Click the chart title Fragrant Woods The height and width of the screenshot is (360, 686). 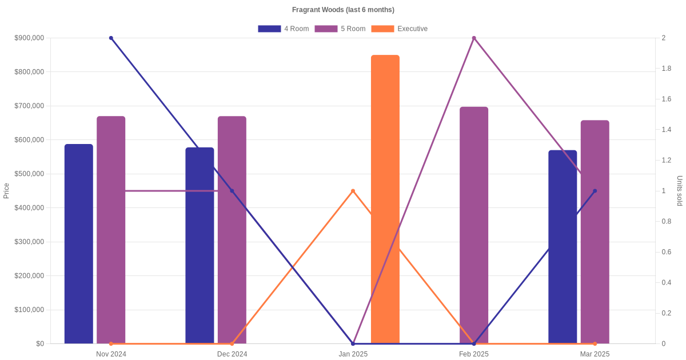[x=343, y=10]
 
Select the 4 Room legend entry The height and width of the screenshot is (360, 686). [x=284, y=29]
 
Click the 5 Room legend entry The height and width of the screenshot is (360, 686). [x=340, y=29]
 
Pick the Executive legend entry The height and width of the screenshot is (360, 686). [x=400, y=29]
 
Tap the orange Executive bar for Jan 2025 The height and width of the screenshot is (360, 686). [x=385, y=200]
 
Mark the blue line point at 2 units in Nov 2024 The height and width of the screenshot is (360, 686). [x=111, y=38]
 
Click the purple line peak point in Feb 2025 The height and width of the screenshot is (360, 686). [x=474, y=38]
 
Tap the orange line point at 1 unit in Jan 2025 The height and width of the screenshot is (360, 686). [x=353, y=191]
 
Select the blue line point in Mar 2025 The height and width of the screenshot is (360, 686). [x=595, y=191]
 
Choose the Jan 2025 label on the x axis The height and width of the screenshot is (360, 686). [x=353, y=354]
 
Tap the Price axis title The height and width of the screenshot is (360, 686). [x=6, y=191]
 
